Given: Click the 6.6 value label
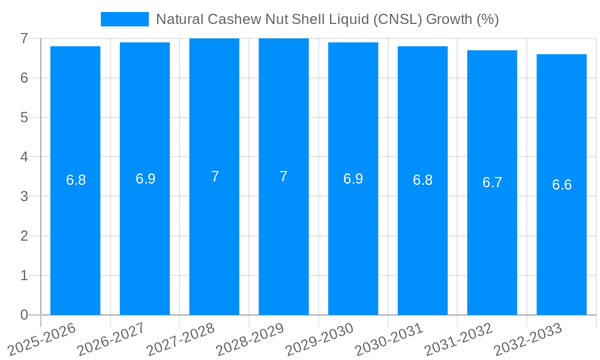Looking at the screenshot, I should tap(562, 185).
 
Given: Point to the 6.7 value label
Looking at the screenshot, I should tap(492, 183).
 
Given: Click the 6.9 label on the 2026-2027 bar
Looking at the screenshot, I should tap(145, 179).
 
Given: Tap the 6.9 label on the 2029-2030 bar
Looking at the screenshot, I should tap(353, 179).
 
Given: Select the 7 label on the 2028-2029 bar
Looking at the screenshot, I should tap(284, 176).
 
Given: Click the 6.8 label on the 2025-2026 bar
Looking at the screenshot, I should tap(76, 180).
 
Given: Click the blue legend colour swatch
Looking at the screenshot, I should tap(124, 19).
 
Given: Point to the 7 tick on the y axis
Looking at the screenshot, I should tap(24, 38).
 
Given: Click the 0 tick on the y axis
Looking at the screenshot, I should tap(24, 315).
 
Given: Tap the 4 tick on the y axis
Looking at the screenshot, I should tap(24, 157).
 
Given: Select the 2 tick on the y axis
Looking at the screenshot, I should tap(24, 236).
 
